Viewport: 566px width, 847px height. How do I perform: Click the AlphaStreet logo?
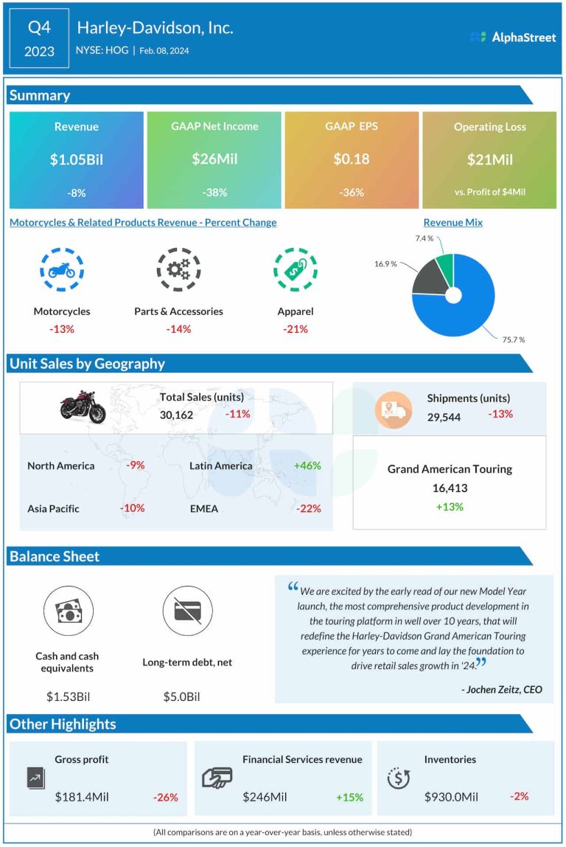click(513, 37)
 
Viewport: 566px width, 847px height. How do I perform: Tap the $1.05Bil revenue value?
click(77, 159)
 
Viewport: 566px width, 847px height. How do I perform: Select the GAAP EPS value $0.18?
click(351, 159)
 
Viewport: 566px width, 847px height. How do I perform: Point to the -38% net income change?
click(214, 193)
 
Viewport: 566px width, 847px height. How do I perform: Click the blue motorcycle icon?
click(61, 270)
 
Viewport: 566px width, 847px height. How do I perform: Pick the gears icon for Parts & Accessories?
click(178, 270)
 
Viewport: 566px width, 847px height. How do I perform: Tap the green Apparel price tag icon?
click(295, 270)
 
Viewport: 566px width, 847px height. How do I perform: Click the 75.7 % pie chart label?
click(513, 339)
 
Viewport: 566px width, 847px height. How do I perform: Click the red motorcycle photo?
click(83, 407)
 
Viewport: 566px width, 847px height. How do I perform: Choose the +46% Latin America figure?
click(307, 466)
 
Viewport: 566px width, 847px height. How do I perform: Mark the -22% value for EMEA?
click(308, 508)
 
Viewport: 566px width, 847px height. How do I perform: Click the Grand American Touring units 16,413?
click(450, 488)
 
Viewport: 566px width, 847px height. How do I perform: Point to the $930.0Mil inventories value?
click(451, 796)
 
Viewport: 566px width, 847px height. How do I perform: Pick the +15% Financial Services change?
click(349, 797)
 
